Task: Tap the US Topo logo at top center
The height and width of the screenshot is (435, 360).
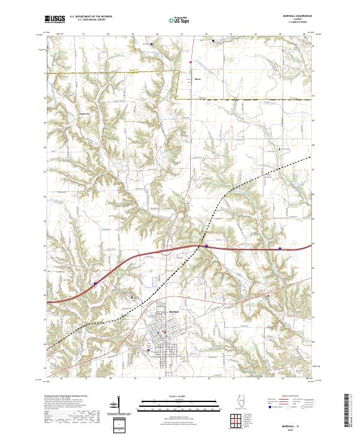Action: pyautogui.click(x=174, y=19)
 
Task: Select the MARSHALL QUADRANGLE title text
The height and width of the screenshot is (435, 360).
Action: pyautogui.click(x=298, y=16)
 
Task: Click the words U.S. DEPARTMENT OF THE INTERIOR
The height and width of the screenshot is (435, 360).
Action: pyautogui.click(x=91, y=17)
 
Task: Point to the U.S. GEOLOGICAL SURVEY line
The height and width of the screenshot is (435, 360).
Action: pyautogui.click(x=87, y=20)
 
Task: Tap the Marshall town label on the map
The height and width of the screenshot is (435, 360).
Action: pyautogui.click(x=175, y=312)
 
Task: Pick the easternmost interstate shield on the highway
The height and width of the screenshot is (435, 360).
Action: pyautogui.click(x=280, y=247)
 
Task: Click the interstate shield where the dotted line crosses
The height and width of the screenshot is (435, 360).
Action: pyautogui.click(x=206, y=245)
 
